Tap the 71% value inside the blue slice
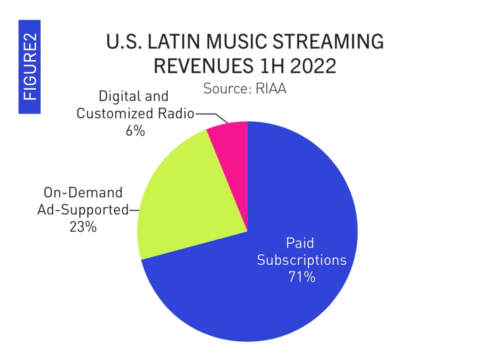click(x=302, y=277)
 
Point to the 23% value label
click(x=83, y=227)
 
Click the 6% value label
click(x=135, y=131)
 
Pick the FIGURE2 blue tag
click(x=30, y=67)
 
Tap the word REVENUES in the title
click(x=203, y=66)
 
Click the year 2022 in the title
click(x=313, y=66)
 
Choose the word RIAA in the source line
click(x=271, y=89)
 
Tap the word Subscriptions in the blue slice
click(x=302, y=260)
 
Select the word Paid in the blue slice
click(x=300, y=243)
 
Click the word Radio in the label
click(x=176, y=113)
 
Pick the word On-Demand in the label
click(x=83, y=192)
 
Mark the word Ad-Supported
click(x=83, y=210)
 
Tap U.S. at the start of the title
click(x=123, y=42)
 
